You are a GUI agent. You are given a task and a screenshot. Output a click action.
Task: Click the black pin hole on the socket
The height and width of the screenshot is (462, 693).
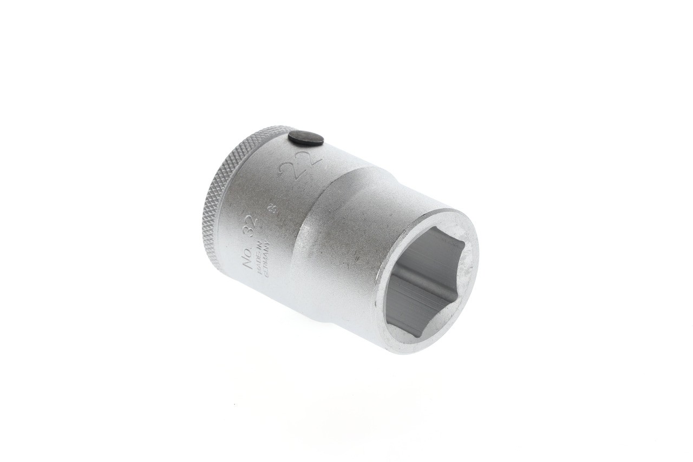[x=305, y=139]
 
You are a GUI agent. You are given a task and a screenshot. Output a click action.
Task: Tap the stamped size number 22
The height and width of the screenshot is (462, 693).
[x=300, y=164]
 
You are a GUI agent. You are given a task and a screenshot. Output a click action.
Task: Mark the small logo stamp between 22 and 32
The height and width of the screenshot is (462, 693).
[x=271, y=209]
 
